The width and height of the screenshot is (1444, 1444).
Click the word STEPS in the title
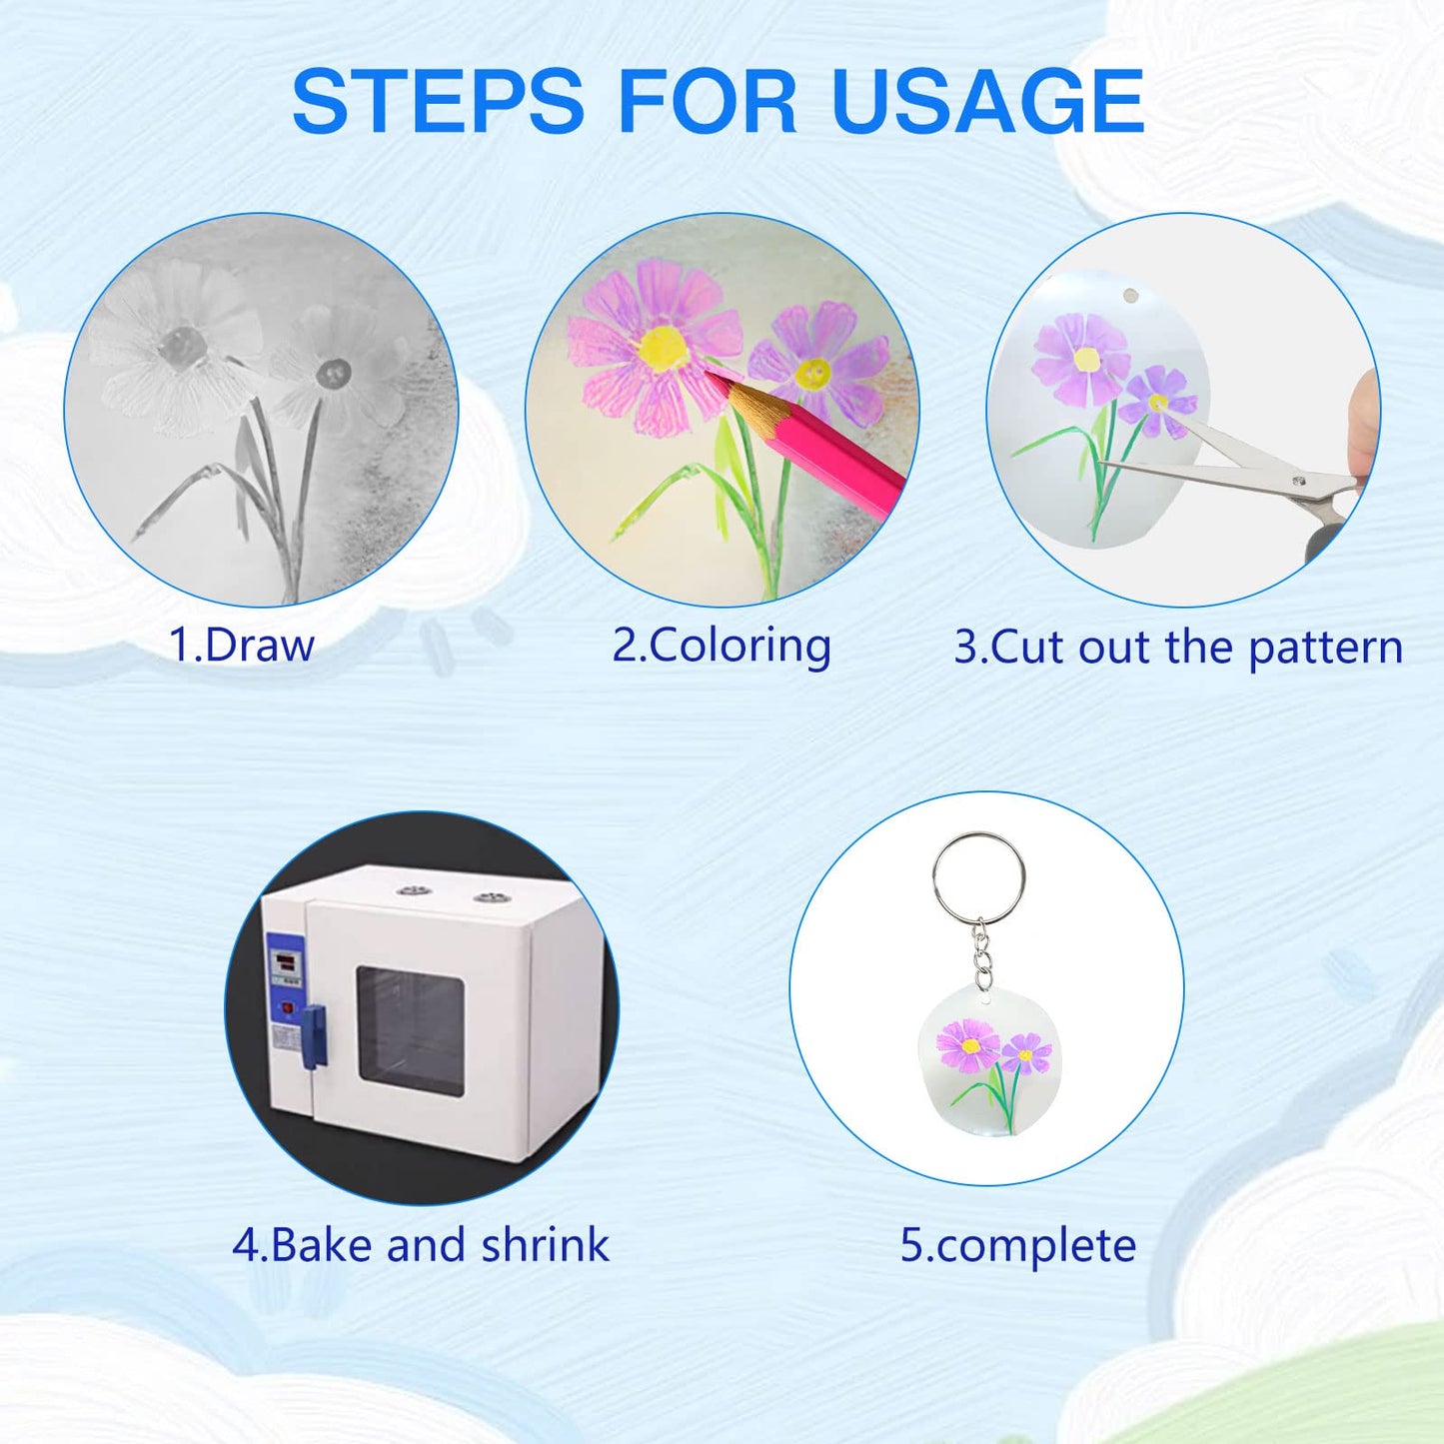point(438,100)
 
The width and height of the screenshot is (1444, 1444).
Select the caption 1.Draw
point(241,645)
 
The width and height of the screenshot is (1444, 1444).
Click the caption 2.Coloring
point(722,646)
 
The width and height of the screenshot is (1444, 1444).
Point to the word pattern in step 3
point(1325,647)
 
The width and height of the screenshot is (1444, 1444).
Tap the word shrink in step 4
point(545,1245)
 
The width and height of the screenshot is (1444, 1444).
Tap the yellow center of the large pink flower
point(663,349)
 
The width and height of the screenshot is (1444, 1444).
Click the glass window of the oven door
point(410,1031)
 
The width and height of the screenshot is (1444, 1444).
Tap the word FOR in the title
point(708,100)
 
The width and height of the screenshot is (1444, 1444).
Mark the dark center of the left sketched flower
point(181,344)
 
